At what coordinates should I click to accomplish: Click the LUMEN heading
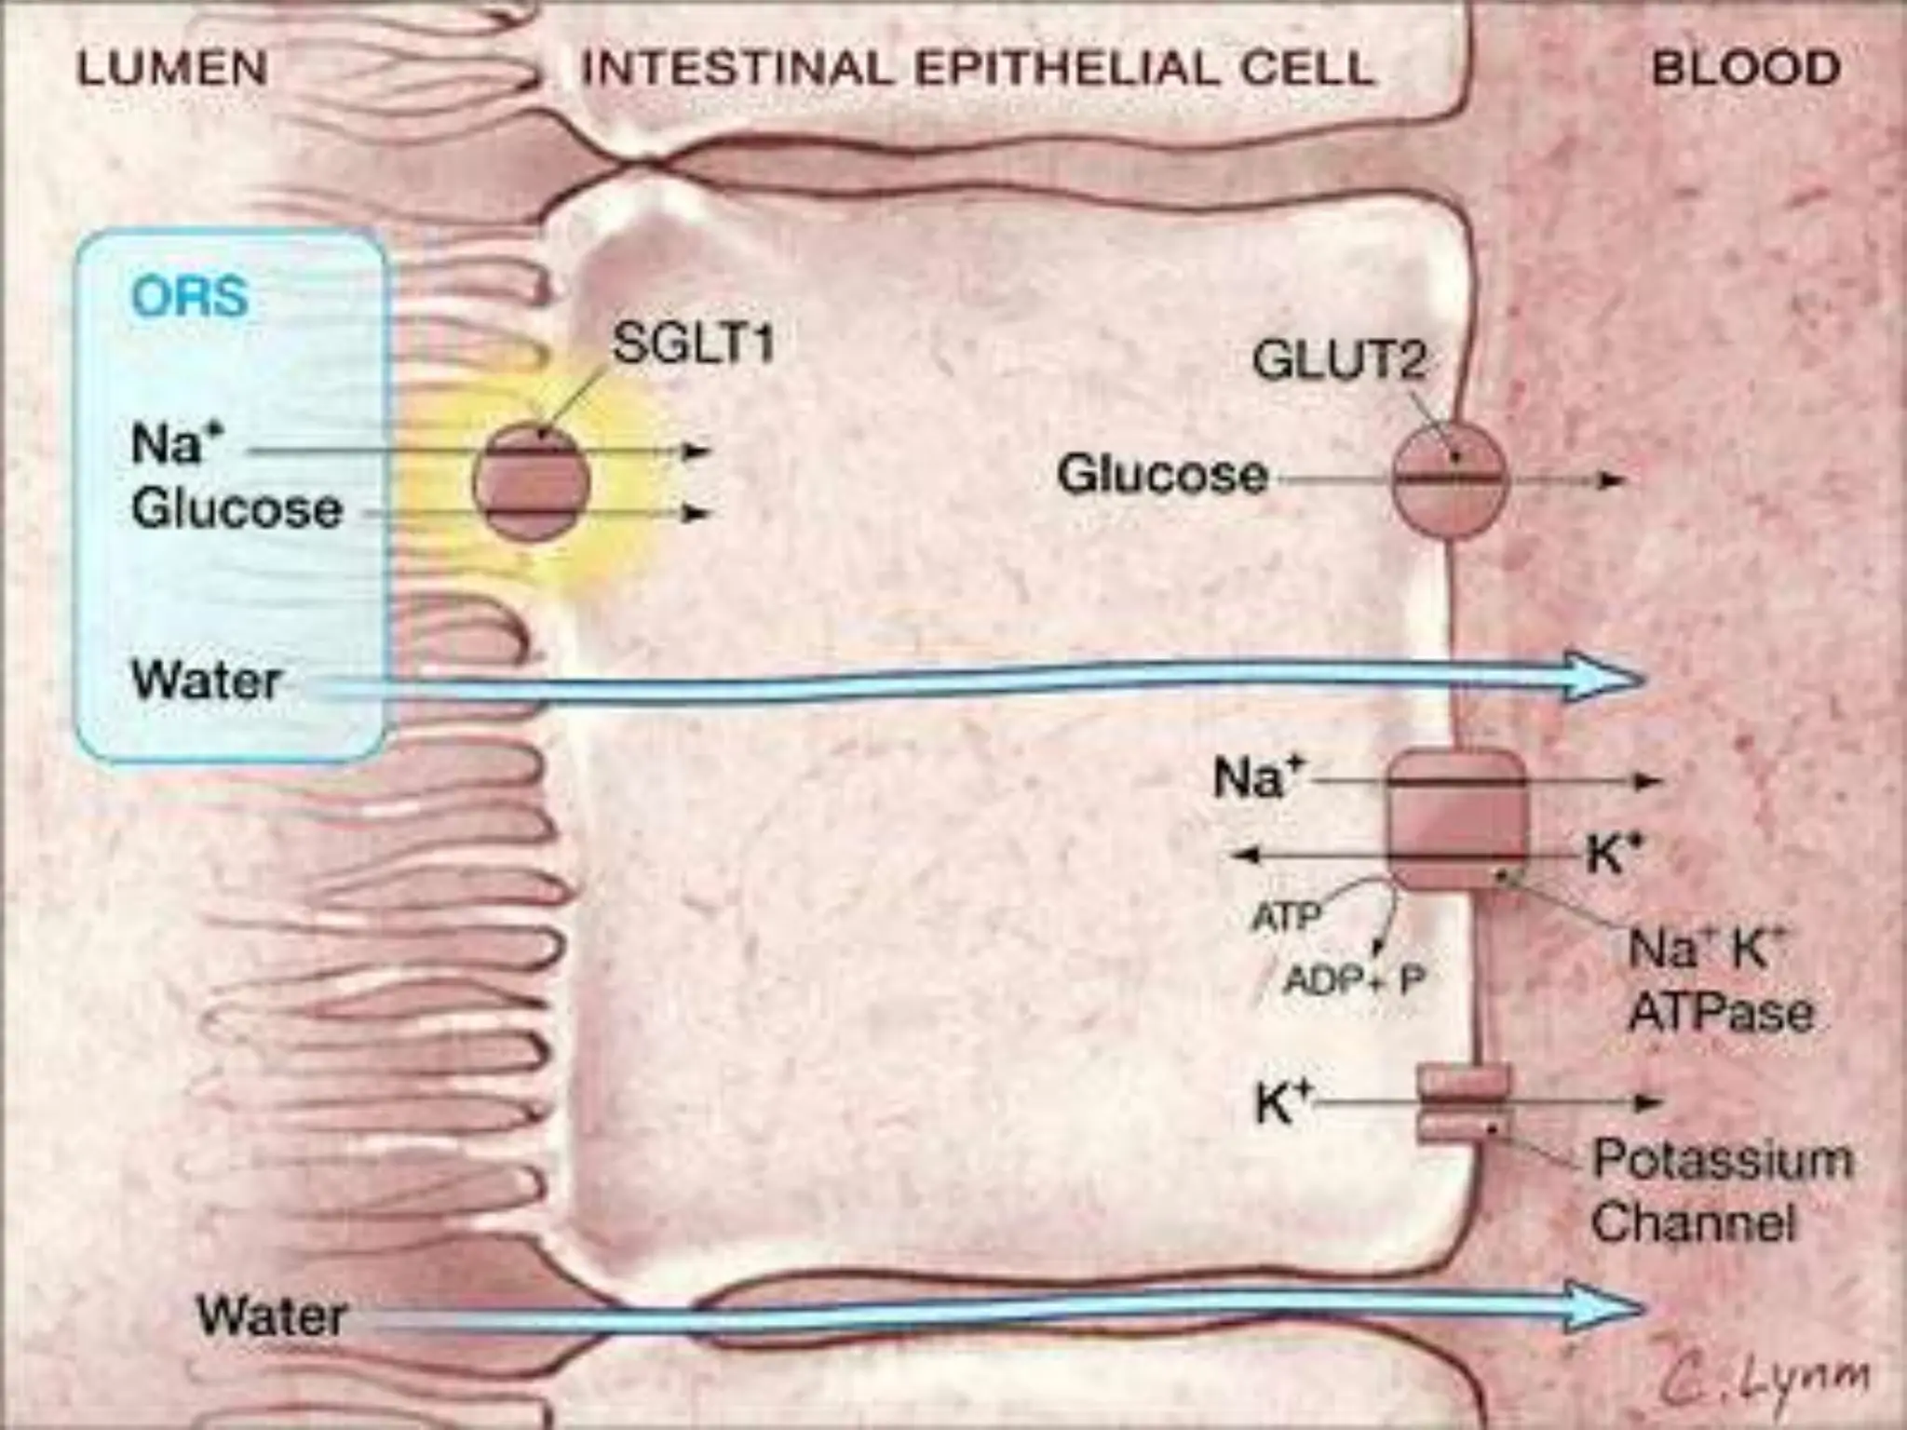click(x=172, y=69)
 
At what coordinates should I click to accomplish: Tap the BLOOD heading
click(x=1746, y=69)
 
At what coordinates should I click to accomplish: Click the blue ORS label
click(x=190, y=298)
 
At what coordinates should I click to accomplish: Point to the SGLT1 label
click(x=693, y=344)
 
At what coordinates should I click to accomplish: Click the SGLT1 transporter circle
click(x=532, y=482)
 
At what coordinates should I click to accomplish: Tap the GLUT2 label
click(x=1339, y=360)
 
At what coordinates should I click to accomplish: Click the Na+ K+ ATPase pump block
click(x=1457, y=819)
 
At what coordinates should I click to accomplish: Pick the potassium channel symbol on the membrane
click(x=1462, y=1104)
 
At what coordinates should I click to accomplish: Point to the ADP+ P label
click(x=1355, y=979)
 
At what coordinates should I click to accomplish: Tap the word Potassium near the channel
click(x=1723, y=1160)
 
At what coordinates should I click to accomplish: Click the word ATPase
click(x=1721, y=1013)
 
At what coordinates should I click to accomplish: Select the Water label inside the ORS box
click(x=206, y=681)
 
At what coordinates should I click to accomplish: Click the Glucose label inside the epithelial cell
click(x=1162, y=475)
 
